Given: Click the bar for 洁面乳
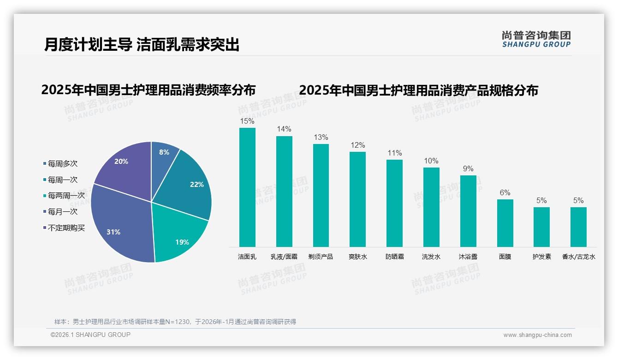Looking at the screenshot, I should [247, 187].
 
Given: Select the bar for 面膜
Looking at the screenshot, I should [505, 223].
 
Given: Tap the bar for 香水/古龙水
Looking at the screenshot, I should [578, 227].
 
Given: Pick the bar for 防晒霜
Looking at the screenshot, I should [394, 203].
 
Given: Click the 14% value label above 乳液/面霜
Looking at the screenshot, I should [284, 129].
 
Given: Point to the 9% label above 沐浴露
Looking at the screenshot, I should [468, 169].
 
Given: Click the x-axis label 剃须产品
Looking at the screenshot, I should [321, 257].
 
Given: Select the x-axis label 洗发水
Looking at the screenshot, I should [431, 257].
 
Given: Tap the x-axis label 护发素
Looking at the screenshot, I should [541, 257].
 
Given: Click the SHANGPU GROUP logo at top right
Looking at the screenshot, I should [536, 39].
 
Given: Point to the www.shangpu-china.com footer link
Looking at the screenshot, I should [537, 335].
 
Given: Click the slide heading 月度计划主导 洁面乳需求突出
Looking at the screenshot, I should [142, 45].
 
